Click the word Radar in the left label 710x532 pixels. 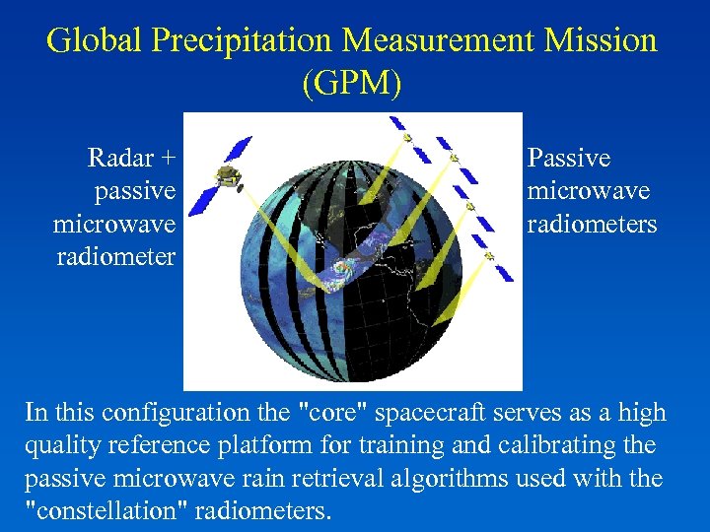120,158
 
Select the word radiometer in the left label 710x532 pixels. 116,257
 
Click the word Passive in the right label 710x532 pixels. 569,158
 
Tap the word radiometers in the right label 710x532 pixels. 592,225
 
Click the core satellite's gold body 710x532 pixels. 229,177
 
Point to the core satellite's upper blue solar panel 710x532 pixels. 238,150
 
